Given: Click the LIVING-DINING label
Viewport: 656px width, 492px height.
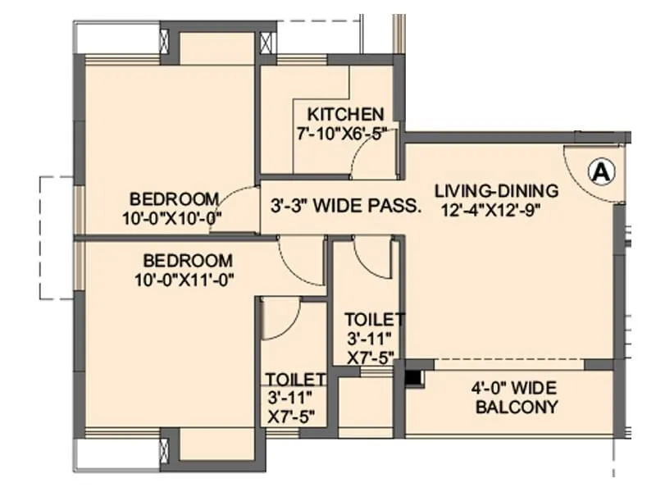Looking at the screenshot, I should coord(496,190).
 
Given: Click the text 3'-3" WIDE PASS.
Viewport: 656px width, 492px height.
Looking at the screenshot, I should coord(346,206).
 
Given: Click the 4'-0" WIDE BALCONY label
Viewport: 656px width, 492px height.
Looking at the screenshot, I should coord(517,398).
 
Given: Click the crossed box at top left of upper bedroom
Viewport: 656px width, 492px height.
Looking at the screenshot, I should coord(164,42).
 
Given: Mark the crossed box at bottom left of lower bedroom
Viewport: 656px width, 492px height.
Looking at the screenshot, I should coord(164,449).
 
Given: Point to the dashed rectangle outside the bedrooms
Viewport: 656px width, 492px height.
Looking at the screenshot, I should coord(56,238).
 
